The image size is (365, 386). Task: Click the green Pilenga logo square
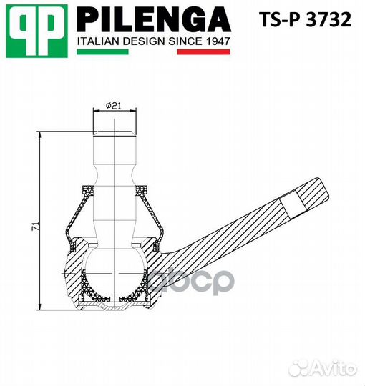(36, 31)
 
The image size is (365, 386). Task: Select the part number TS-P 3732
(306, 20)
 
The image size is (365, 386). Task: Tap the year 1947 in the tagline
(218, 41)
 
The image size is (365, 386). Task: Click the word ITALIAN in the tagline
(99, 41)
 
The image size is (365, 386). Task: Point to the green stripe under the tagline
(102, 51)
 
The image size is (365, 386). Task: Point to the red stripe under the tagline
(203, 51)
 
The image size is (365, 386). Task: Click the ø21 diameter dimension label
(114, 106)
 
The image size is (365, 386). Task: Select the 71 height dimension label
(35, 226)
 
